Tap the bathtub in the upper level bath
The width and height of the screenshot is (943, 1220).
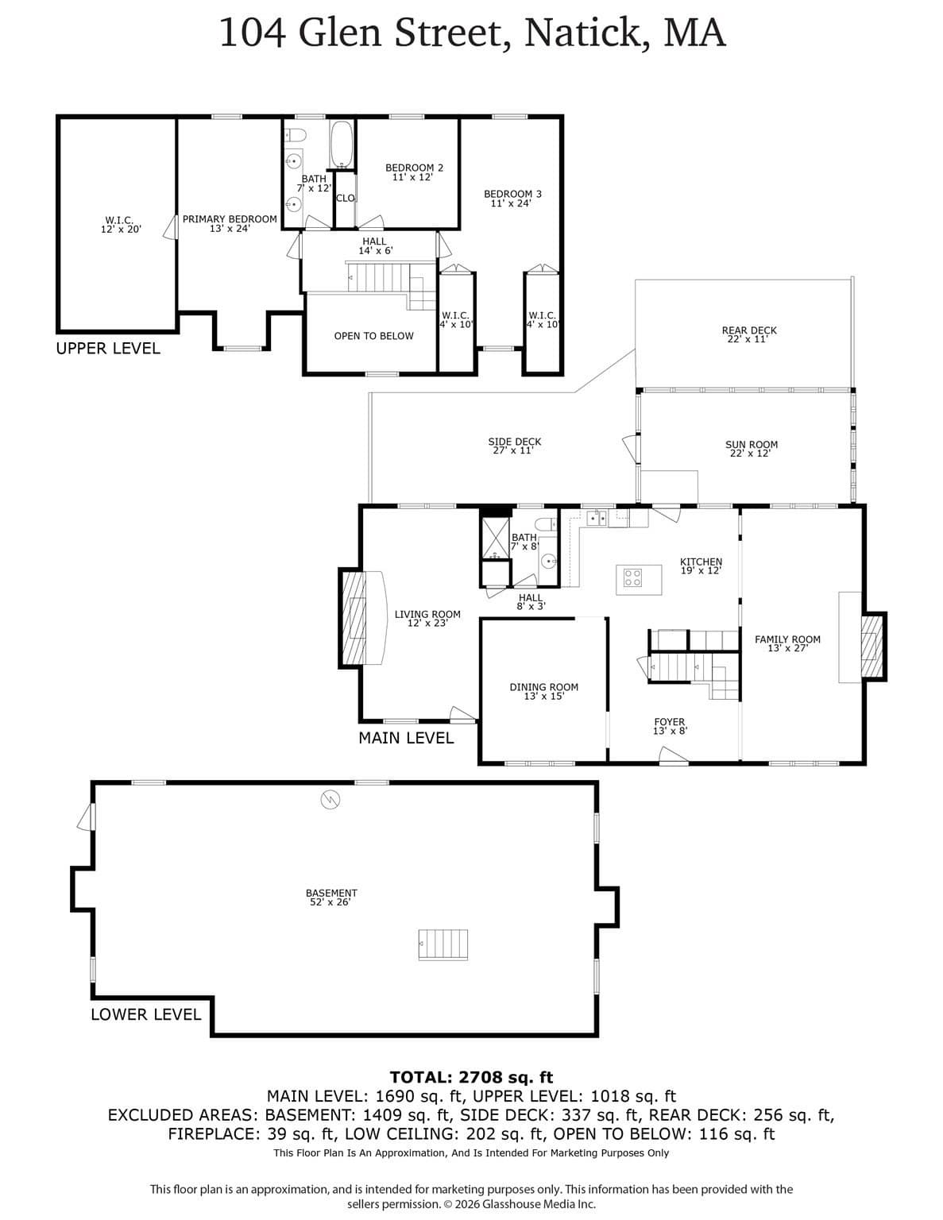click(341, 144)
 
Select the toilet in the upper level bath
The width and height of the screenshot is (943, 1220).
click(295, 135)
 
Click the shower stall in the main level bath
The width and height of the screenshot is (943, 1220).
click(496, 539)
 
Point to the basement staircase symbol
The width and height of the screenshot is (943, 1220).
click(443, 945)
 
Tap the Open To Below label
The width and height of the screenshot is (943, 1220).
click(374, 336)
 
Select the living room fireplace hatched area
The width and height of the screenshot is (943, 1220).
click(354, 618)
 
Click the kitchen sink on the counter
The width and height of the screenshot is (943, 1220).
click(596, 518)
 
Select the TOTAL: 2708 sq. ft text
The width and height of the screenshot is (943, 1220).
click(472, 1077)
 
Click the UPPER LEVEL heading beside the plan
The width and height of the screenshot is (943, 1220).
click(108, 349)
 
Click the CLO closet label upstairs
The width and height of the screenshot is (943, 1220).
click(346, 199)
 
